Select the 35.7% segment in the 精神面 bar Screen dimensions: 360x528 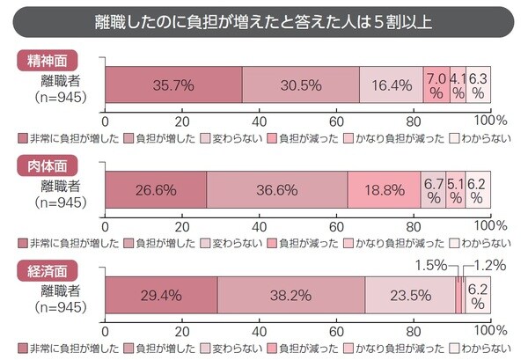pyautogui.click(x=173, y=85)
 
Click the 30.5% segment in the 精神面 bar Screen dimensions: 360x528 pyautogui.click(x=301, y=85)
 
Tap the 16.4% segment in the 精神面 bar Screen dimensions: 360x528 pyautogui.click(x=391, y=85)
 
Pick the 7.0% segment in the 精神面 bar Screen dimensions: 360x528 pyautogui.click(x=436, y=85)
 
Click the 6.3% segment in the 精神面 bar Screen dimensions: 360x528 pyautogui.click(x=478, y=85)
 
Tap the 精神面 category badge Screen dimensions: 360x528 pyautogui.click(x=47, y=61)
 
